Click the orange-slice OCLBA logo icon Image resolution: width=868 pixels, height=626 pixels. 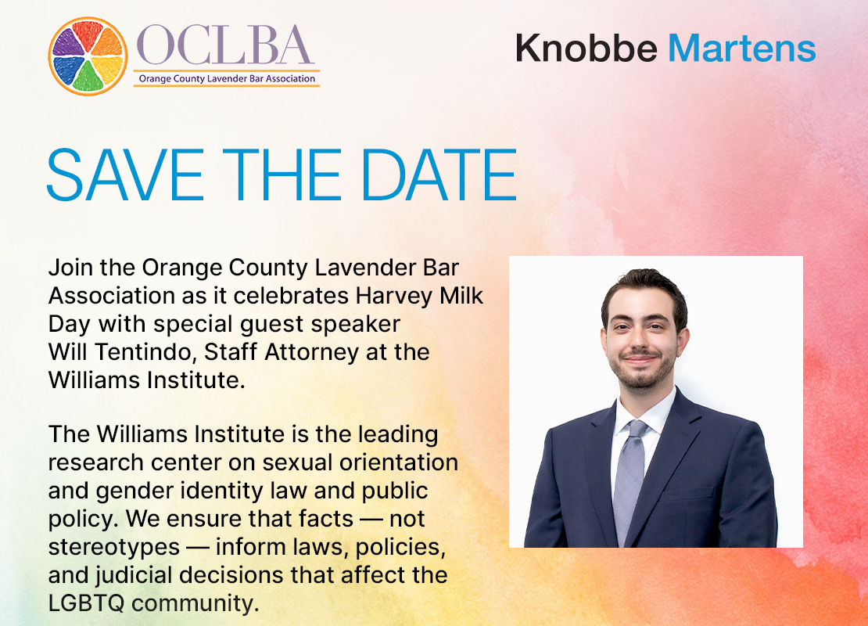pos(88,56)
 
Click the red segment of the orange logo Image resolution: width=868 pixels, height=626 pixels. pos(88,34)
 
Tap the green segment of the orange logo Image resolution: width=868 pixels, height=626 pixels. pos(88,77)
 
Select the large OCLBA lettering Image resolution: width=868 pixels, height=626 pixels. pos(225,45)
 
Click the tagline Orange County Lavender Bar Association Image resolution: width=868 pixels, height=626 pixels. pos(227,79)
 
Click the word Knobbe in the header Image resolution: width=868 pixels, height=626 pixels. pos(586,49)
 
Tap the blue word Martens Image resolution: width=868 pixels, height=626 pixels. pos(742,49)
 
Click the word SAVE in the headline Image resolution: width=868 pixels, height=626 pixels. pos(126,174)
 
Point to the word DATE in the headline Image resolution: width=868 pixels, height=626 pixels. pos(439,174)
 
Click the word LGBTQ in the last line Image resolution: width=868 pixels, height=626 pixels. pos(86,603)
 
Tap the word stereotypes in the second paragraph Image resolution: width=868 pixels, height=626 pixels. pos(114,548)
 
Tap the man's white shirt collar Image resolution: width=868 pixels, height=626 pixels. pos(644,410)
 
